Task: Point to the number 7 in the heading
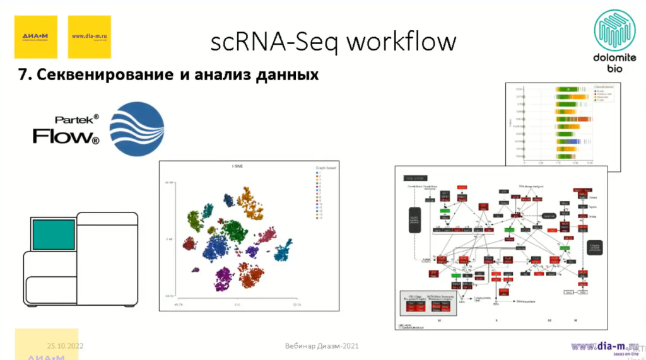(x=21, y=75)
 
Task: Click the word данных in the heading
(x=285, y=75)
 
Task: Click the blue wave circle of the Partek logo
(x=136, y=129)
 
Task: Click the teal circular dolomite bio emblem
(x=615, y=30)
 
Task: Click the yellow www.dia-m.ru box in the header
(x=89, y=37)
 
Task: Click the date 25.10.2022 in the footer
(x=66, y=346)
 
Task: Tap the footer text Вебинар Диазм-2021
(x=322, y=346)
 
